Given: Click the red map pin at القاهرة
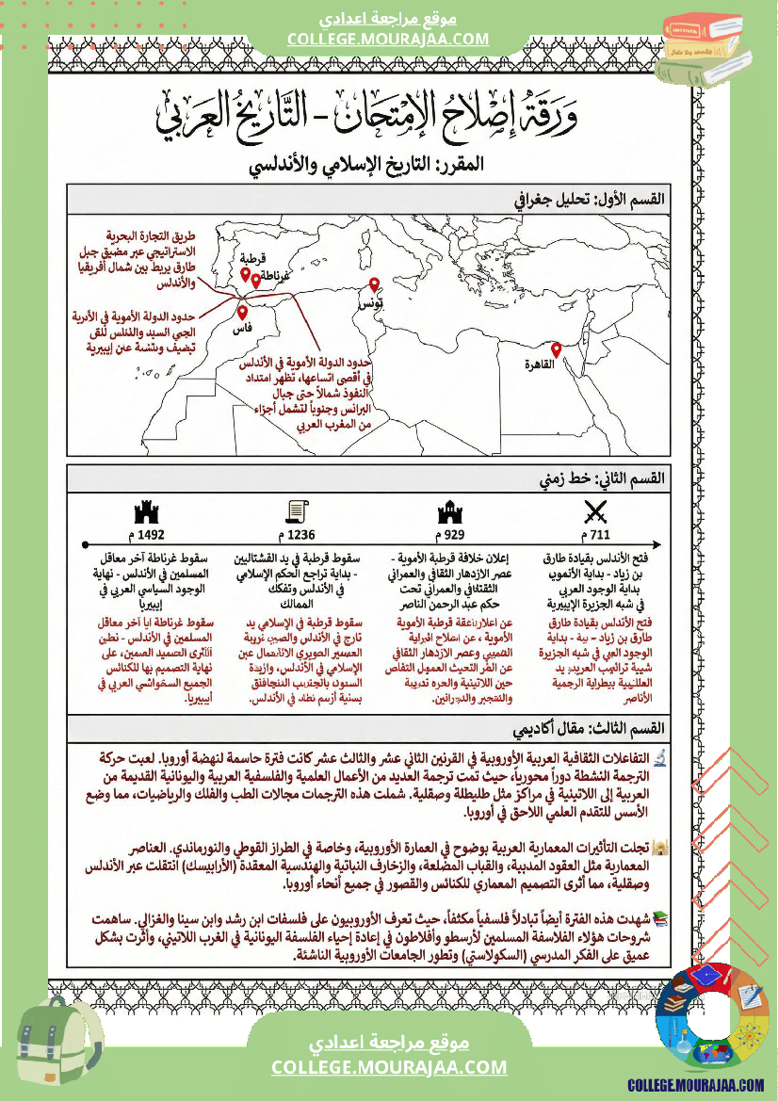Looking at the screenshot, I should pos(556,349).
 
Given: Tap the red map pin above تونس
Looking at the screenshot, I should pos(374,284).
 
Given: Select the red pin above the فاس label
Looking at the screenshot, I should pos(242,313).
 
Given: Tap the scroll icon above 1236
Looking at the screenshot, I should pos(298,512).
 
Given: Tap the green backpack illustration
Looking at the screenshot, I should pos(58,1044).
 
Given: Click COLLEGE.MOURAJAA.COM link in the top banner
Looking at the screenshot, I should pos(388,39).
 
